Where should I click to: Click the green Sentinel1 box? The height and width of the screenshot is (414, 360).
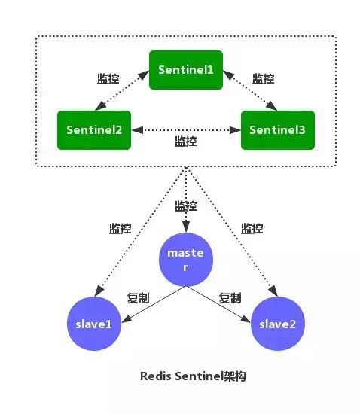(x=186, y=69)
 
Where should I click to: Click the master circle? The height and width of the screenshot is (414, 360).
(x=185, y=260)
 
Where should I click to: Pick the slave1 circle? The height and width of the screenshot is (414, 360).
(x=94, y=323)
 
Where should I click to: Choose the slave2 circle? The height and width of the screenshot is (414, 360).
(x=278, y=323)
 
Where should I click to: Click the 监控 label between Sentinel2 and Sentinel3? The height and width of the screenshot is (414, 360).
(x=185, y=142)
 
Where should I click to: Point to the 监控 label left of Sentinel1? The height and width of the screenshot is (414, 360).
(x=108, y=78)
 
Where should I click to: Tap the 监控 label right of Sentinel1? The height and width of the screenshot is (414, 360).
(x=263, y=78)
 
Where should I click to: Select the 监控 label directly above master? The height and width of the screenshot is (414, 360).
(x=186, y=205)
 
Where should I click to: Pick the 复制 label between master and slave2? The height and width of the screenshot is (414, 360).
(x=230, y=298)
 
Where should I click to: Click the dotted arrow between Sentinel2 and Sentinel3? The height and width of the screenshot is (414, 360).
(x=185, y=129)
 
